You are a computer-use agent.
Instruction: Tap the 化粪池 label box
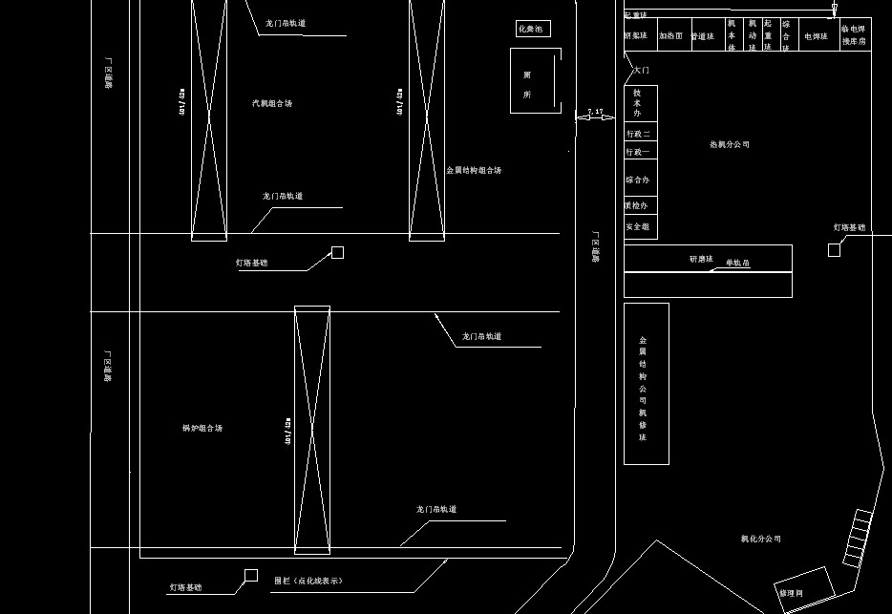coord(533,30)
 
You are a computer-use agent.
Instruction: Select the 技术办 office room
coord(640,103)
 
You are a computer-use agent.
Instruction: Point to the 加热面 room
coord(671,36)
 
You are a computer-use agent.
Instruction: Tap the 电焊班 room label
coord(815,36)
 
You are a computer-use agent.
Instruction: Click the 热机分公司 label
coord(730,145)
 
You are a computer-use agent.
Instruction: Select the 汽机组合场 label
coord(272,103)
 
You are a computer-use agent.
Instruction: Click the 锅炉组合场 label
coord(202,429)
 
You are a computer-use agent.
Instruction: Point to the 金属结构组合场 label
coord(474,171)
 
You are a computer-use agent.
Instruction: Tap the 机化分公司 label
coord(761,540)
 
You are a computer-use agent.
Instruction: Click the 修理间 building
coord(804,589)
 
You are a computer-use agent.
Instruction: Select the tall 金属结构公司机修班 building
coord(646,384)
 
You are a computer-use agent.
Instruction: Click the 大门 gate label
coord(641,71)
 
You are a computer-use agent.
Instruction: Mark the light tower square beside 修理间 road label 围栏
coord(251,575)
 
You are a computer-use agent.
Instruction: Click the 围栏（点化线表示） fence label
coord(308,581)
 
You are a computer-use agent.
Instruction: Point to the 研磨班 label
coord(700,259)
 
